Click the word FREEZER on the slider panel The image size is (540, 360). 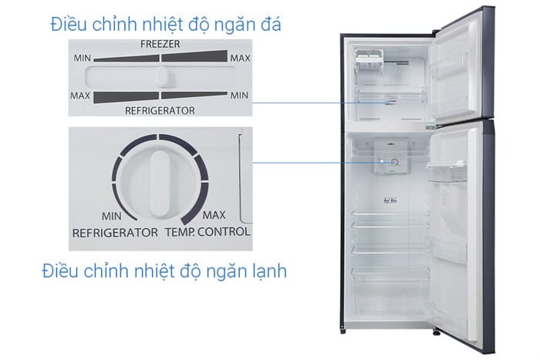pos(160,44)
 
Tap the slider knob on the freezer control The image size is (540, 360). pos(162,77)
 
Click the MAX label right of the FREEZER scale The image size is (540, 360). pos(240,58)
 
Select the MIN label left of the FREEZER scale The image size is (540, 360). pos(82,58)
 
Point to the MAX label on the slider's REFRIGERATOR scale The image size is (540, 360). pos(80,96)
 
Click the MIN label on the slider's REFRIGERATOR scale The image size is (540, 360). pos(239,96)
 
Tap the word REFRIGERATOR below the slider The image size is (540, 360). pos(160,110)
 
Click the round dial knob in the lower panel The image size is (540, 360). pos(160,183)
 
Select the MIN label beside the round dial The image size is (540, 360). pos(112,216)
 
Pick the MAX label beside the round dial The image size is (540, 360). pos(214,215)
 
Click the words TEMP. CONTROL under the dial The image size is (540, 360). pos(208,231)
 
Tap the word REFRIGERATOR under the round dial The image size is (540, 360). pos(115,233)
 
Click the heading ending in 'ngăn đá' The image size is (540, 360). pos(166,25)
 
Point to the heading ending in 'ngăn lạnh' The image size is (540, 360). pos(164,271)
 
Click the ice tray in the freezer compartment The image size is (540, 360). pos(369,56)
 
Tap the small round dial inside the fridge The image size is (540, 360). pos(395,163)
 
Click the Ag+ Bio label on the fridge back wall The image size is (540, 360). pos(390,200)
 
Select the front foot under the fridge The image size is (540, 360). pos(437,332)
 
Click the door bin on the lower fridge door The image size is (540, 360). pos(446,171)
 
